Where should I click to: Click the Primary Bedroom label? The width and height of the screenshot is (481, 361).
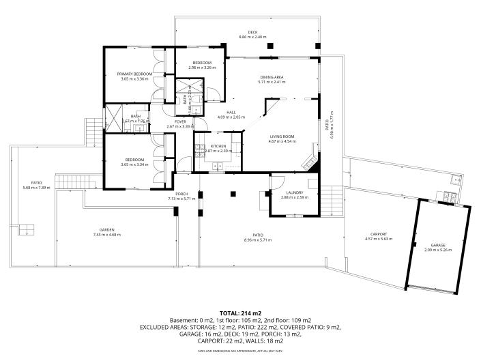(x=134, y=74)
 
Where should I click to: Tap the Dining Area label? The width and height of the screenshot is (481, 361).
(x=272, y=77)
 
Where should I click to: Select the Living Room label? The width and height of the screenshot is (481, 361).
(x=280, y=136)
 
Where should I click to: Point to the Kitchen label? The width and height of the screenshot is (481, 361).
(x=218, y=146)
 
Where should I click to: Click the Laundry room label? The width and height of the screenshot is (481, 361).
(x=295, y=192)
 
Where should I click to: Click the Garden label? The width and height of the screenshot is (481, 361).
(x=106, y=230)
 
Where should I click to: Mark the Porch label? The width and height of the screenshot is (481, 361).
(x=181, y=194)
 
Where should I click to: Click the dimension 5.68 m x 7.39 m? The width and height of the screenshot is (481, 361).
(x=37, y=188)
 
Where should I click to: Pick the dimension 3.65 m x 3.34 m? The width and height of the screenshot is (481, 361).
(x=134, y=164)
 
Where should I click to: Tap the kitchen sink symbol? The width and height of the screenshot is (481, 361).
(x=218, y=166)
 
